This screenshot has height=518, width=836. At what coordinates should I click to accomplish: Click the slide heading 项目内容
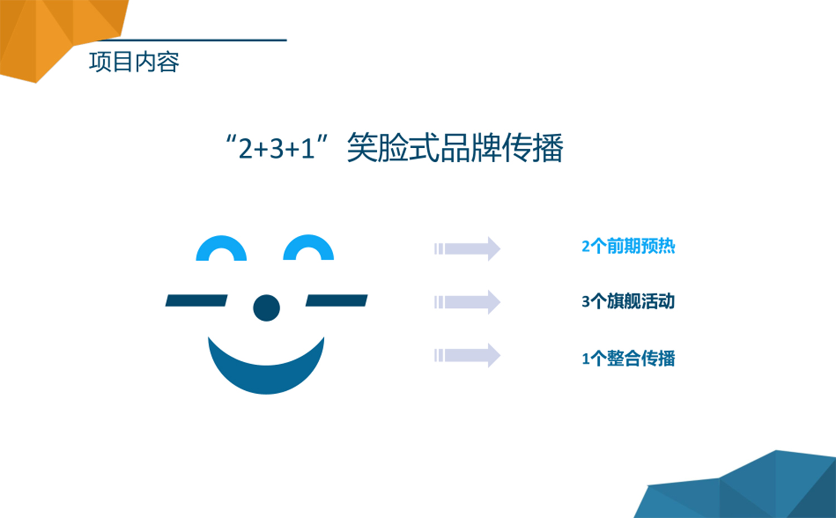pyautogui.click(x=134, y=62)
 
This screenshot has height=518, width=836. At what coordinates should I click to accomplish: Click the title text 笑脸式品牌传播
pyautogui.click(x=455, y=148)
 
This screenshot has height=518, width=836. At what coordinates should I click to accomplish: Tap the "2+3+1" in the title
pyautogui.click(x=276, y=148)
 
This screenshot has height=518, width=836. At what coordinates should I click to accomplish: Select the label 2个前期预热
pyautogui.click(x=628, y=246)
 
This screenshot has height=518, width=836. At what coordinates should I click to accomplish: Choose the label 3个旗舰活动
pyautogui.click(x=628, y=302)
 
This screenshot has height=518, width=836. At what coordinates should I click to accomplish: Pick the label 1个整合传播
pyautogui.click(x=628, y=359)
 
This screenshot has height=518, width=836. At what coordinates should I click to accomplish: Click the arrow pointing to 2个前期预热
pyautogui.click(x=467, y=249)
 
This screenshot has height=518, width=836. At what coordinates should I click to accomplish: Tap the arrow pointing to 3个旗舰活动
pyautogui.click(x=467, y=302)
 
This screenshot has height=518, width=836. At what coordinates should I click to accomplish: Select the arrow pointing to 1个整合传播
pyautogui.click(x=467, y=355)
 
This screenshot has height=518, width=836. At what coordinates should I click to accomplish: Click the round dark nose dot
pyautogui.click(x=266, y=308)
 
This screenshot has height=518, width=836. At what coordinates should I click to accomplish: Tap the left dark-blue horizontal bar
pyautogui.click(x=196, y=301)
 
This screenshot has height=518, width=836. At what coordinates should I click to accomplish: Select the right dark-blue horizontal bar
pyautogui.click(x=337, y=301)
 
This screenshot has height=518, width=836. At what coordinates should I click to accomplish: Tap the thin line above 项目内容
pyautogui.click(x=191, y=40)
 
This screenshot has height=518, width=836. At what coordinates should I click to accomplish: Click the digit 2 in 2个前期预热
pyautogui.click(x=586, y=247)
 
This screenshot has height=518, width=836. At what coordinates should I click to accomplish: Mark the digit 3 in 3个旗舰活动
pyautogui.click(x=586, y=302)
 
